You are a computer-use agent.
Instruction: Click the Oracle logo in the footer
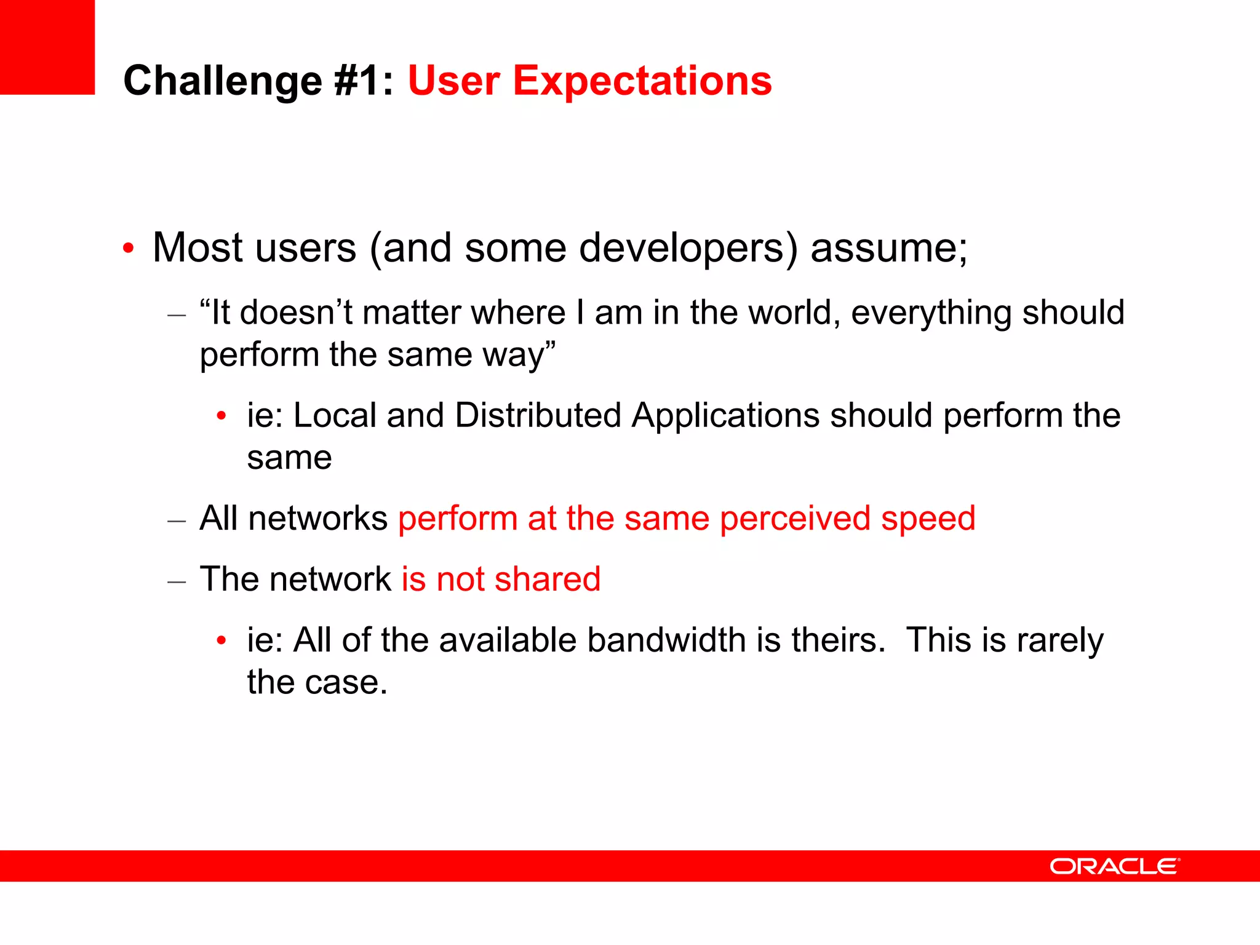point(1114,866)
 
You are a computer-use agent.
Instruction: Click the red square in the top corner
point(47,47)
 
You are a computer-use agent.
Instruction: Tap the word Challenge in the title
point(223,81)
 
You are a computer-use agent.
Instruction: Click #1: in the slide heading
point(363,81)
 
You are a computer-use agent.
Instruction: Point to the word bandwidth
point(666,640)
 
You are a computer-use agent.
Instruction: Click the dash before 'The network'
point(177,581)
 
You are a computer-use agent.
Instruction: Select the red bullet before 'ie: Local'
point(221,417)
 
